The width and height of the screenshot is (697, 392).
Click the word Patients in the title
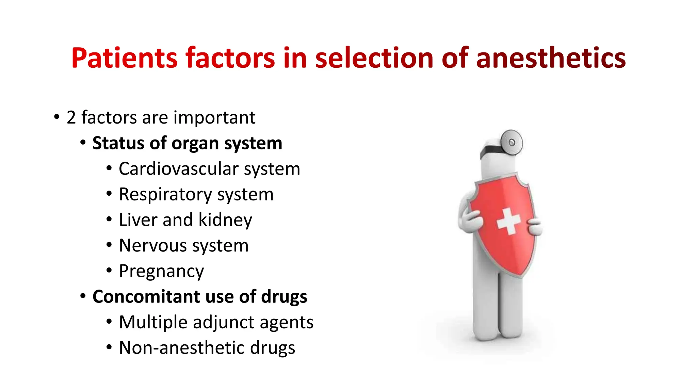(x=124, y=58)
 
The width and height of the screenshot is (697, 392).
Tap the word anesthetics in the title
(x=551, y=58)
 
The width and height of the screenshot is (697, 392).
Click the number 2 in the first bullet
(x=71, y=118)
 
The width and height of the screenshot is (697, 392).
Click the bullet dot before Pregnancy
(x=109, y=271)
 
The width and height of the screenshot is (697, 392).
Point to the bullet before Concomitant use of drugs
(x=83, y=296)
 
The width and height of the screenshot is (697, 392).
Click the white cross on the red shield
(x=508, y=221)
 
